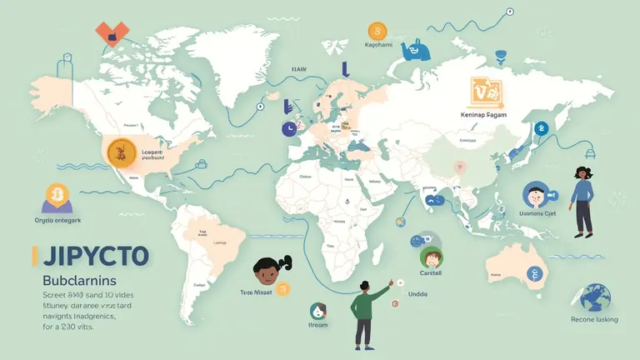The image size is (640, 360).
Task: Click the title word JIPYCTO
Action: (89, 255)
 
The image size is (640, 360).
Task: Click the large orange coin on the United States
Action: (122, 151)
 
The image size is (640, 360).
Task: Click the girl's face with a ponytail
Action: (266, 272)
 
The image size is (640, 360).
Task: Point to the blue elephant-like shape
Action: (416, 50)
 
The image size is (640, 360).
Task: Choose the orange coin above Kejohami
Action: (377, 31)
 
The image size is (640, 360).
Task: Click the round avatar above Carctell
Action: (431, 256)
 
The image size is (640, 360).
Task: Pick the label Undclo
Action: (417, 293)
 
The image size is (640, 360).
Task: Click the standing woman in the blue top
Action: (582, 200)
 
